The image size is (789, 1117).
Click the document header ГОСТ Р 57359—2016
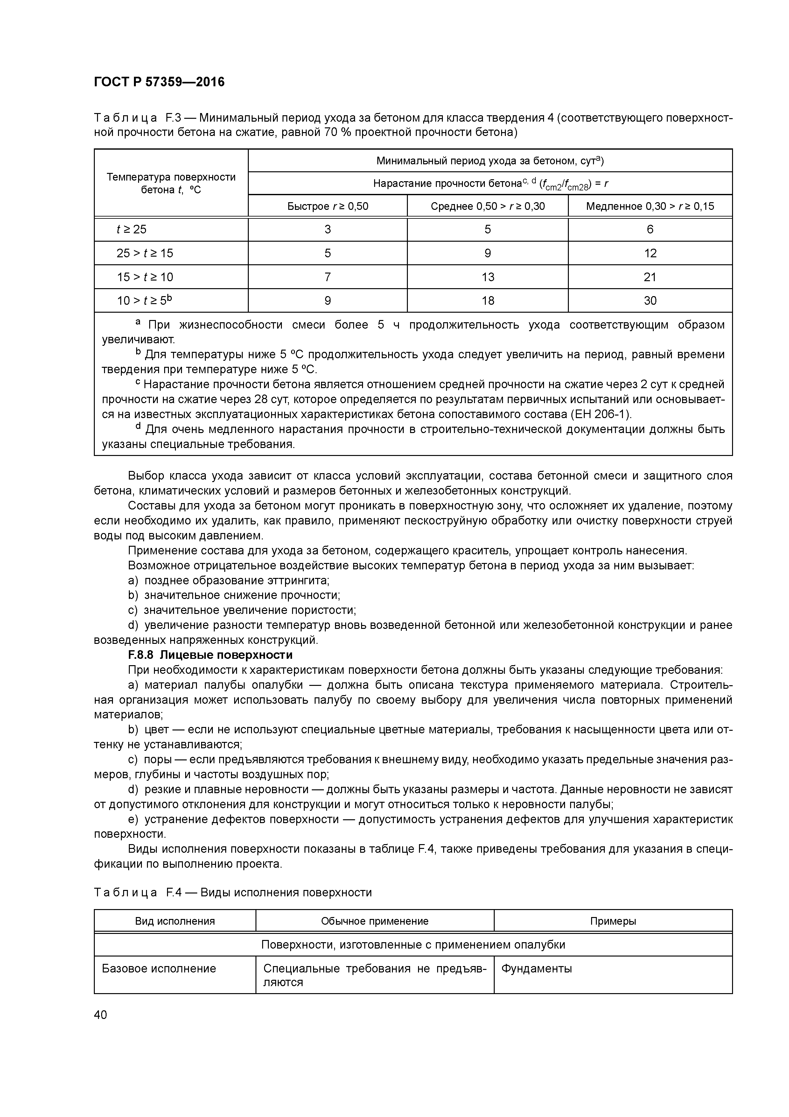(159, 82)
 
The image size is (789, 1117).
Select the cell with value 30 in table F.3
(650, 301)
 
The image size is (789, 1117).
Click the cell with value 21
(650, 277)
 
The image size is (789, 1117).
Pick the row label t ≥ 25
(131, 229)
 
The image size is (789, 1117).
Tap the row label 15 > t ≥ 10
(144, 277)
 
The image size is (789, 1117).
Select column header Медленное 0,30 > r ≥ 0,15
(650, 206)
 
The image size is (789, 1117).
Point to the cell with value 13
(488, 277)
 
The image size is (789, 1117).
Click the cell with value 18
(488, 301)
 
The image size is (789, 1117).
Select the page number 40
(101, 1015)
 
